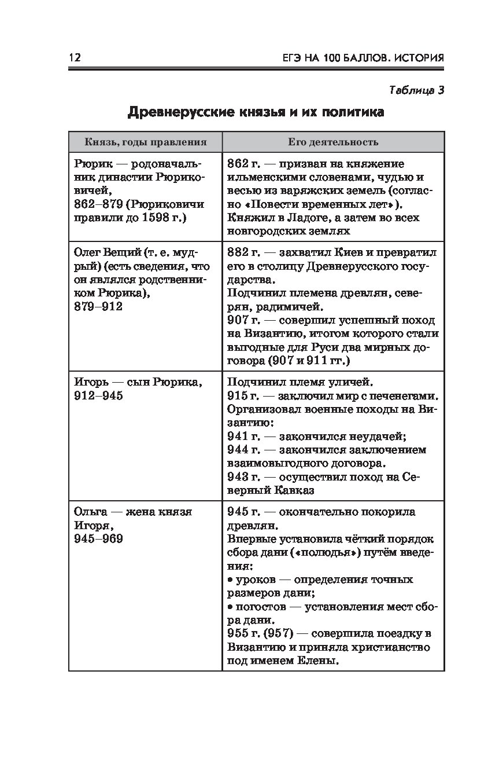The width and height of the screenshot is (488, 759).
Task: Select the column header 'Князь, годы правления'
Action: pyautogui.click(x=145, y=142)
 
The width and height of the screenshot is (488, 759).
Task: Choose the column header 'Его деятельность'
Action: pyautogui.click(x=333, y=142)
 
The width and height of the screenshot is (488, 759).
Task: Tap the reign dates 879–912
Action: pyautogui.click(x=99, y=307)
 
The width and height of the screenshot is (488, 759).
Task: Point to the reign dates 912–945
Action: pyautogui.click(x=99, y=396)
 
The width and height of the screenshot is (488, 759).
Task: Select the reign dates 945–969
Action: pyautogui.click(x=99, y=539)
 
